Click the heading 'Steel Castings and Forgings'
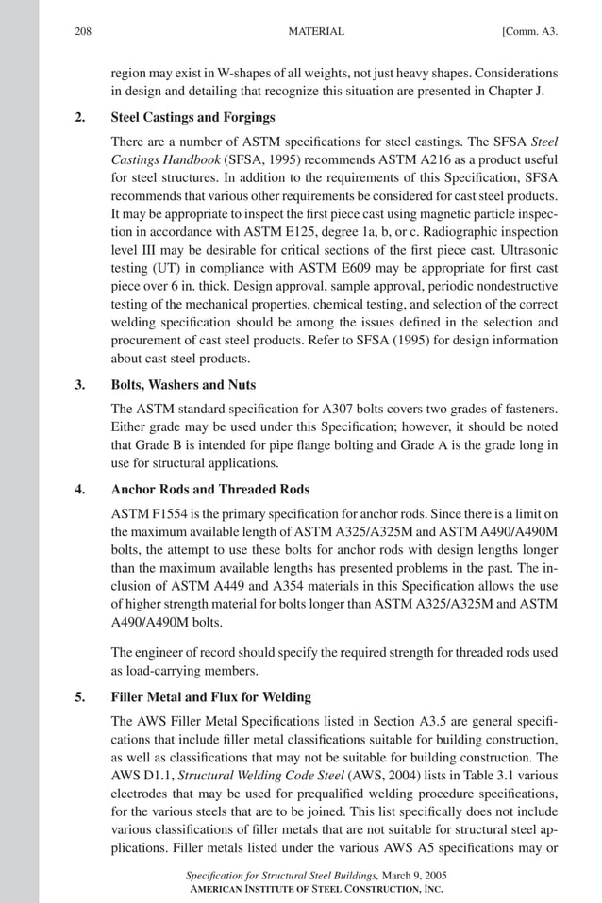point(192,118)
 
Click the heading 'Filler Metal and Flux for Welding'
point(210,697)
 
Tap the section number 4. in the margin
point(80,490)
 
